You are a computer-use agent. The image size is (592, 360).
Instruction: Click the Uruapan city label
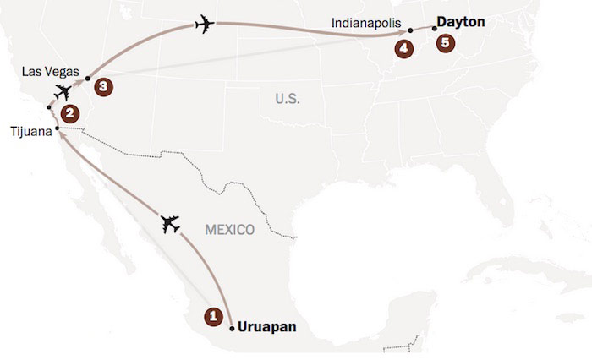tap(268, 325)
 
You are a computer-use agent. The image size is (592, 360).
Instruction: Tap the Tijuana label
tap(33, 131)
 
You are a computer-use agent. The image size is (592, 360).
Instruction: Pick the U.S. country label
tap(288, 99)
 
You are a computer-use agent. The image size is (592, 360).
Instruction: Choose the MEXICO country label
tap(231, 229)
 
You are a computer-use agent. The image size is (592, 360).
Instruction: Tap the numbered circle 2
tap(71, 111)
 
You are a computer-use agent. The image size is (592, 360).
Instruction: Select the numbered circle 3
tap(103, 85)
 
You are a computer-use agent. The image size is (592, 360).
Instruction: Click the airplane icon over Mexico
tap(171, 224)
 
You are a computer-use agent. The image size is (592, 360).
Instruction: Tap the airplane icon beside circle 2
tap(62, 92)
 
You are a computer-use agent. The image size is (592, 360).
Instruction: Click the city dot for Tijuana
tap(57, 129)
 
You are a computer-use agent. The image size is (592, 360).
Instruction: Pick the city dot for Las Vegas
tap(87, 79)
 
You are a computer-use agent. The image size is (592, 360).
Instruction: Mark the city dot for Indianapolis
tap(410, 30)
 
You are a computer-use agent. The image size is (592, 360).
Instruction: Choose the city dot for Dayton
tap(435, 29)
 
